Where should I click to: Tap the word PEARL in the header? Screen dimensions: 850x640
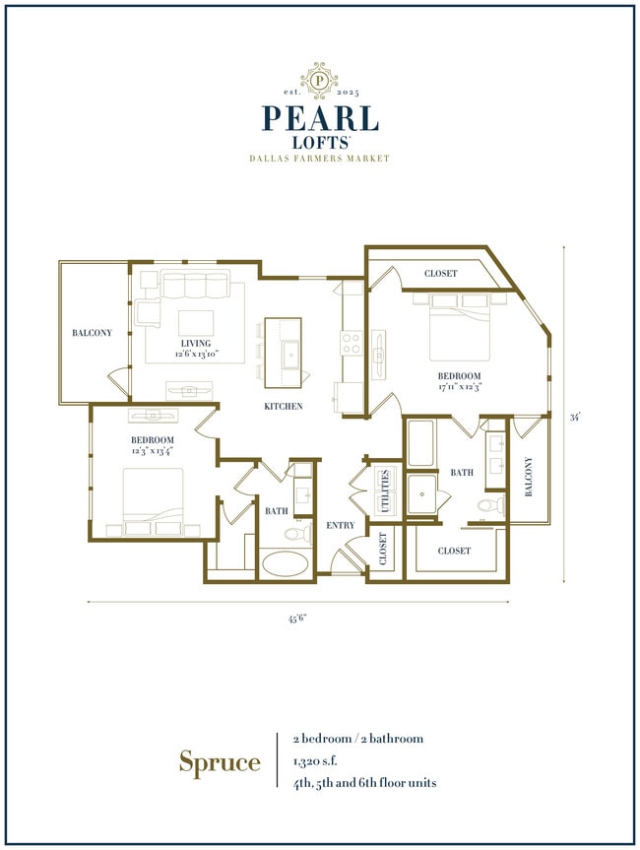tap(319, 117)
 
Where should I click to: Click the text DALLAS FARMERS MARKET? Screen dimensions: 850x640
tap(319, 159)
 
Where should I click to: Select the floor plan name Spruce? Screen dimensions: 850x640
tap(220, 761)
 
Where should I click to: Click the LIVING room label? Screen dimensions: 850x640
tap(195, 343)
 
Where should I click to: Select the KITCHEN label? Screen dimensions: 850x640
tap(283, 406)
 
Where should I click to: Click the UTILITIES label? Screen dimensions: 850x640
tap(386, 489)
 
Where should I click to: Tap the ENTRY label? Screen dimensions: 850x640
tap(340, 525)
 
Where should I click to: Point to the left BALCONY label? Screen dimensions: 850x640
tap(92, 333)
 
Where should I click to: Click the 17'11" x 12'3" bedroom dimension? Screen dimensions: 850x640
tap(460, 387)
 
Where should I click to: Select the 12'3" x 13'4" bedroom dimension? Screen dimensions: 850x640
tap(153, 450)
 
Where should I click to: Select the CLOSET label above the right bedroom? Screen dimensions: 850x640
tap(440, 273)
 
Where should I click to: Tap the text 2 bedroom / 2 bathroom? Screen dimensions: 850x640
tap(356, 738)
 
